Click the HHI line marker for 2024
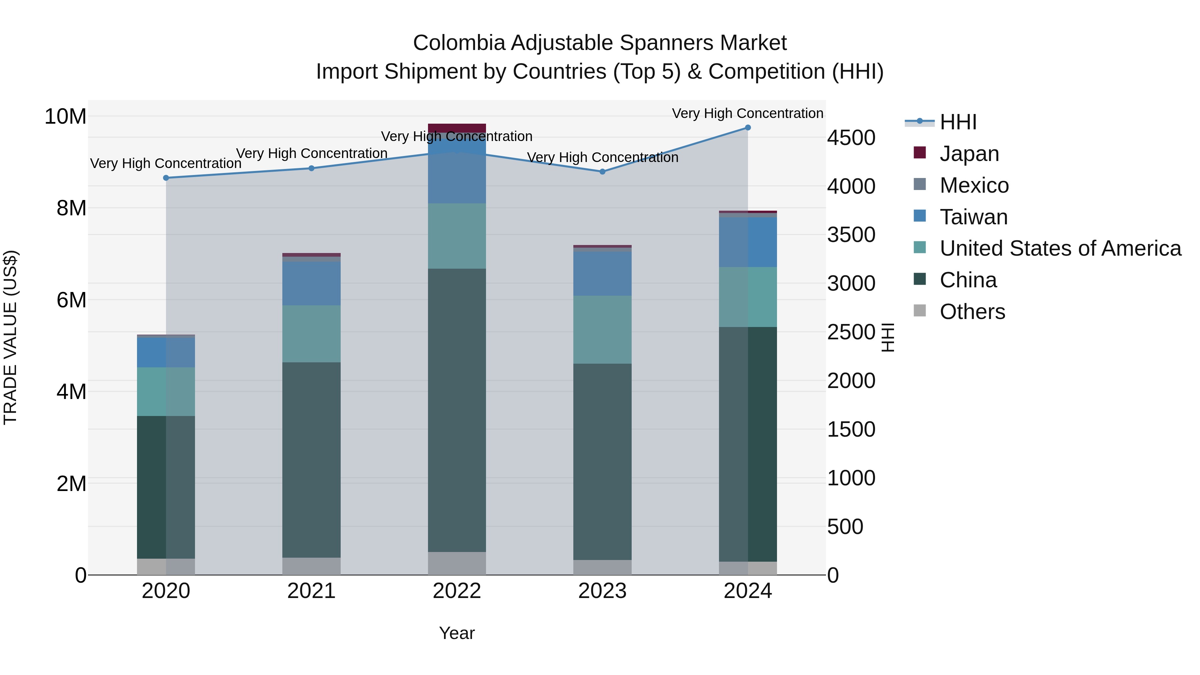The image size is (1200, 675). (x=748, y=128)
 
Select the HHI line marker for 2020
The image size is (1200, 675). (x=166, y=178)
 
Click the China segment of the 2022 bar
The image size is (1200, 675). (x=457, y=410)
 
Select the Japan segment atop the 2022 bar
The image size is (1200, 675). (x=457, y=128)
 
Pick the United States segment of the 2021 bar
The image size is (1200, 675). (x=311, y=334)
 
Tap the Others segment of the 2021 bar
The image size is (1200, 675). (x=311, y=566)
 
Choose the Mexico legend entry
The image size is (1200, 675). (x=974, y=185)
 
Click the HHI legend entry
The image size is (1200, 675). (x=958, y=122)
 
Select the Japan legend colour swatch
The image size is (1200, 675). (x=920, y=153)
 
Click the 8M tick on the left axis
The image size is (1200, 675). (x=71, y=208)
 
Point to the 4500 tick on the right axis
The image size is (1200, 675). (x=851, y=138)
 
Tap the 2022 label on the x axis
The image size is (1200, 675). (x=457, y=591)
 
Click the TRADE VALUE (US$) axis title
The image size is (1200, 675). (x=11, y=337)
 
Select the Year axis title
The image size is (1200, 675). (x=457, y=633)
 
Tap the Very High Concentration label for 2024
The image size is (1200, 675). (x=747, y=113)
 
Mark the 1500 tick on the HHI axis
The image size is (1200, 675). (x=851, y=430)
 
